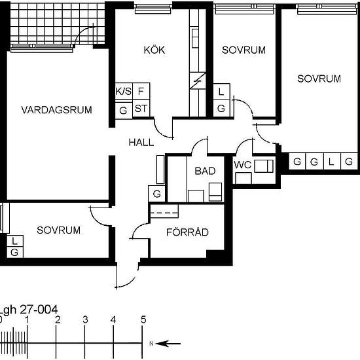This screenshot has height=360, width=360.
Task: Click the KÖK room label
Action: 154,50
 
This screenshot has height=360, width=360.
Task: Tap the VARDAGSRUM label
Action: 56,110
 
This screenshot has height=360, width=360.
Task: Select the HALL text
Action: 141,142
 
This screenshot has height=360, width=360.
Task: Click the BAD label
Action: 205,171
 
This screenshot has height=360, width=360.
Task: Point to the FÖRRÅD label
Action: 187,232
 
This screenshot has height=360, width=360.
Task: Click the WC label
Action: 243,165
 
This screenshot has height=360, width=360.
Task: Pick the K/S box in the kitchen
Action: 124,91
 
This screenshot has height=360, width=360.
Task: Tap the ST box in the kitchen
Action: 141,108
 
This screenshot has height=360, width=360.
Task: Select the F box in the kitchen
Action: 141,91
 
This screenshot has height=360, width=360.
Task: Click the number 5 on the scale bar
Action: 143,319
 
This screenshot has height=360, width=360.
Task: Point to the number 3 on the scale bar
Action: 85,319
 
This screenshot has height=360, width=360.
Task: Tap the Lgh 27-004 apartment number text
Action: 28,310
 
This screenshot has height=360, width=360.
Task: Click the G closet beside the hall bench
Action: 157,194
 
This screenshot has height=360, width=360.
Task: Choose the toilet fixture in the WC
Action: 264,166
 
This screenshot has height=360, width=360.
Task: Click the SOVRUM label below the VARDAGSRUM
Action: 58,230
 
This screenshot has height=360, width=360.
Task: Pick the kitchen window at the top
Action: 153,9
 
